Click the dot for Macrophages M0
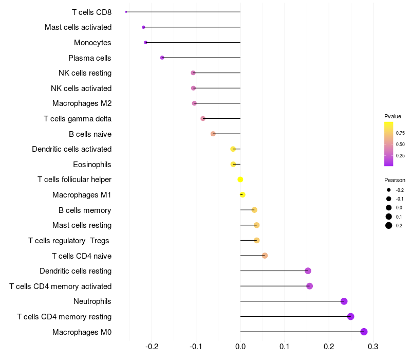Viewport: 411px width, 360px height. [364, 332]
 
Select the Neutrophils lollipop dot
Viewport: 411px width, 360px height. [344, 301]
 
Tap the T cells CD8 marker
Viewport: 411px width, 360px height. [126, 12]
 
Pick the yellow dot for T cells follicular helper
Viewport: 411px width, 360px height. [240, 179]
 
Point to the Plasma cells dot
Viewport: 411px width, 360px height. [162, 58]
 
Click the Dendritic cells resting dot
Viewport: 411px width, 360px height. [308, 271]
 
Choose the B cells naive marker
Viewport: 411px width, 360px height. [213, 134]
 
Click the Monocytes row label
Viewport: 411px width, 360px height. [92, 43]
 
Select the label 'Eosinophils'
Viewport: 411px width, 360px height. [92, 165]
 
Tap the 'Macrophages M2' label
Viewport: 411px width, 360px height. [82, 103]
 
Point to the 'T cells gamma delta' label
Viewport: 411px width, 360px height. [78, 119]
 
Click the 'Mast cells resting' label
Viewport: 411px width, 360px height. [82, 225]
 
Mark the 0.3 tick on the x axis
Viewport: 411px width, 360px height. [373, 346]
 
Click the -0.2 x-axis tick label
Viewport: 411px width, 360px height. [152, 346]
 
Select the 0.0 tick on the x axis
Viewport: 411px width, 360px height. [240, 346]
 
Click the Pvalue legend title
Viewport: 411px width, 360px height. [393, 116]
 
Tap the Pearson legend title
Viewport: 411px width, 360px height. [395, 180]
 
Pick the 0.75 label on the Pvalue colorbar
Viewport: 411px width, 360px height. [400, 133]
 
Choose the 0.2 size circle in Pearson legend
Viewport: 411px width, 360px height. [389, 225]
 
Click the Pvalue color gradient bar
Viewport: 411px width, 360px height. [389, 144]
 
